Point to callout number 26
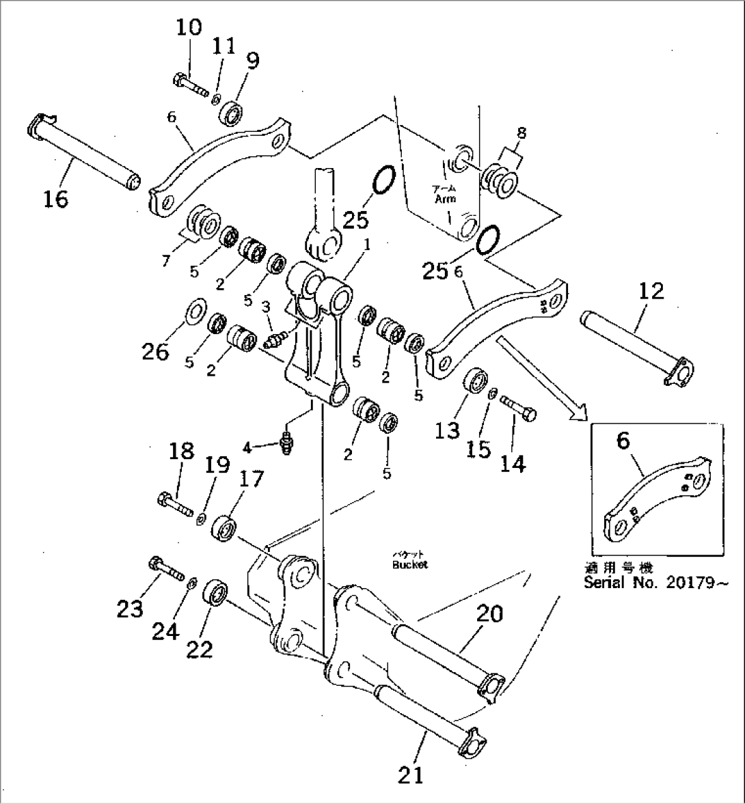[x=155, y=352]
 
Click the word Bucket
[x=410, y=565]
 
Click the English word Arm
[x=445, y=199]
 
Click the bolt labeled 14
[x=521, y=408]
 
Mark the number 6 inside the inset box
[x=623, y=441]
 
